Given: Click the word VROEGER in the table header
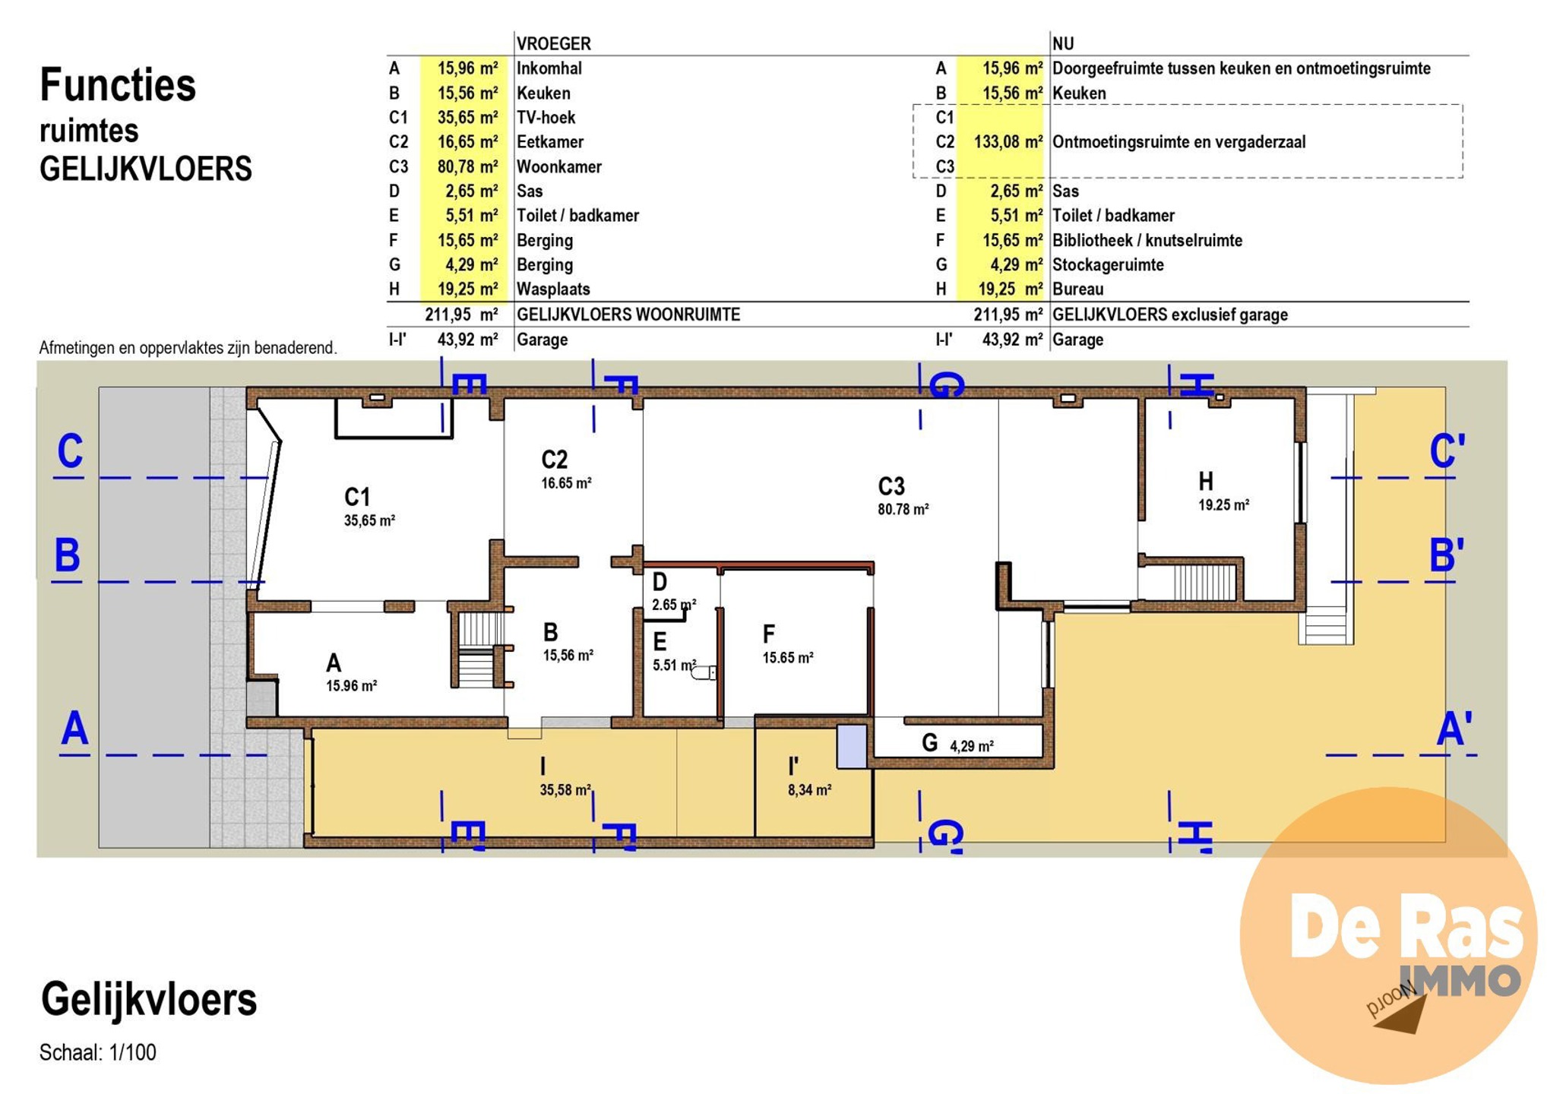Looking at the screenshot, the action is pos(553,43).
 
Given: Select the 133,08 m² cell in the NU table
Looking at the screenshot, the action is pos(1008,142).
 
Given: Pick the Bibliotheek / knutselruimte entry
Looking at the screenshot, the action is pos(1147,241).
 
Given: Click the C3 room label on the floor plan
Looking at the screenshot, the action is pos(891,486).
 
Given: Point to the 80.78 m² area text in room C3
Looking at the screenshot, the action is pos(903,510).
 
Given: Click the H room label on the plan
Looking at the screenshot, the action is pos(1206,481).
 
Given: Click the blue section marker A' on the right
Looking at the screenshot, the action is pos(1454,729).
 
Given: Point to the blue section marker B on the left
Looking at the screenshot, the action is pos(67,555).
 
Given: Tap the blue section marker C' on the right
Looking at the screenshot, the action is pos(1447,451).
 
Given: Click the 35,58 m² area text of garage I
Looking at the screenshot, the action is pos(565,790).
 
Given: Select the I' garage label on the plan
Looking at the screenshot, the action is pos(793,767).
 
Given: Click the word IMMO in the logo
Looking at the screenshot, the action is pos(1460,981).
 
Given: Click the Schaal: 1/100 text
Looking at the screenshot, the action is pos(98,1053).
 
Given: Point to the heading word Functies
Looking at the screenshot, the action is pos(118,84).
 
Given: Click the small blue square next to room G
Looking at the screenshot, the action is pos(852,746).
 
